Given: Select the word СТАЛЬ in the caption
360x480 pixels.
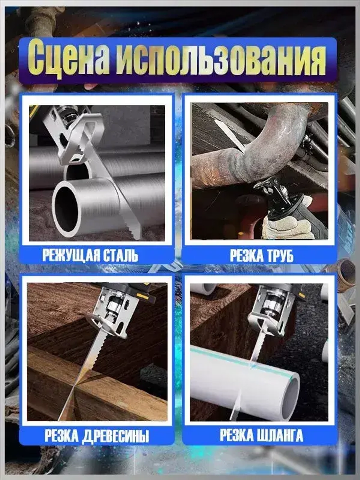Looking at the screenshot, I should click(x=121, y=255).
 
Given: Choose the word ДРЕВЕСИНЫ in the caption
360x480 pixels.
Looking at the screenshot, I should click(x=115, y=436).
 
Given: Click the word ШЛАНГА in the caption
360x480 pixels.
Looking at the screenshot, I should click(x=279, y=435).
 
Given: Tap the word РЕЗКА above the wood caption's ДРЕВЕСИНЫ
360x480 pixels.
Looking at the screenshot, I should click(x=62, y=436).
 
